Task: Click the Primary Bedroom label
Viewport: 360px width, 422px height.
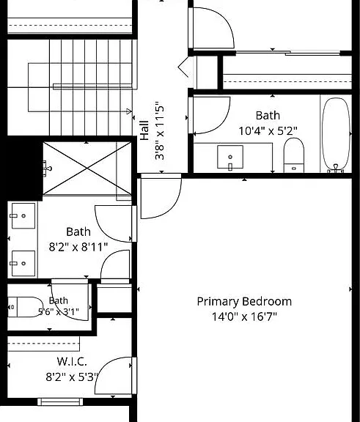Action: click(x=244, y=302)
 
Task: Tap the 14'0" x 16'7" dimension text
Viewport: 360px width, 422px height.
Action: click(x=244, y=316)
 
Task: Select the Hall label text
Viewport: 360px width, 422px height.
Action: click(x=144, y=130)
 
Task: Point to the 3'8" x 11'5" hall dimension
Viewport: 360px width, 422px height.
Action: click(x=159, y=130)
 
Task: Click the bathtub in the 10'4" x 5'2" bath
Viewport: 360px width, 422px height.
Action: click(x=337, y=135)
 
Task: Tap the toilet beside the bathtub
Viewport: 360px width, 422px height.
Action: click(x=294, y=155)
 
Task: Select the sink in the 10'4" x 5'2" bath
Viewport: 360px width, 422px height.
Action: click(x=230, y=158)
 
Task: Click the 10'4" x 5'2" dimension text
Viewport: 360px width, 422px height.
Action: click(x=268, y=131)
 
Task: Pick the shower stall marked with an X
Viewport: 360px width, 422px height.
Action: click(x=87, y=169)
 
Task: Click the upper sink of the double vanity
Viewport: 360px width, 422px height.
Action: click(x=23, y=216)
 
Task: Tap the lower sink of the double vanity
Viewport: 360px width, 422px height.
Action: click(x=23, y=264)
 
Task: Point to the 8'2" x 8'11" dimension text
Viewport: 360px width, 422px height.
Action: click(x=78, y=247)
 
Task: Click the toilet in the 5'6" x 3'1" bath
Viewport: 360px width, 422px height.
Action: click(x=24, y=307)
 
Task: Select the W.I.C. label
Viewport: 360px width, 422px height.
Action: click(x=72, y=361)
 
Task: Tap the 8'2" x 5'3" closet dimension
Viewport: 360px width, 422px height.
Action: click(x=72, y=377)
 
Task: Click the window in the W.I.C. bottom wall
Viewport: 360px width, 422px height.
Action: click(x=60, y=402)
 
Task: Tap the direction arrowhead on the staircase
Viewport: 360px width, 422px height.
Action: click(x=129, y=111)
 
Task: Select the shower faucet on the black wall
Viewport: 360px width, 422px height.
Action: click(x=47, y=169)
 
